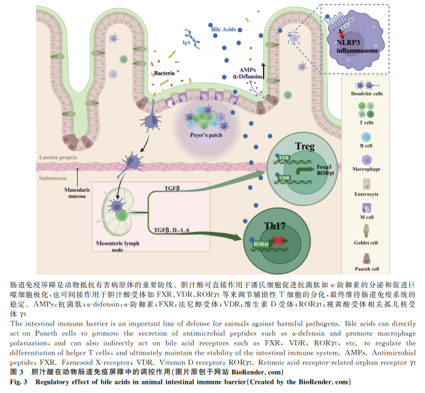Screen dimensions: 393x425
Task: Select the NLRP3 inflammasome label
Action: [358, 47]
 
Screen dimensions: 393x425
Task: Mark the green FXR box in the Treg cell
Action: [284, 158]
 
